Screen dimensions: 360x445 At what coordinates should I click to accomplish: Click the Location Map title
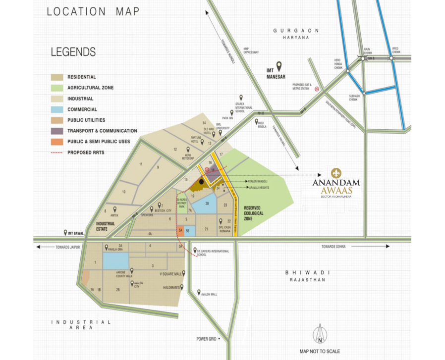point(93,11)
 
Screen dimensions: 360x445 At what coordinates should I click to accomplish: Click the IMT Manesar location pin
point(279,65)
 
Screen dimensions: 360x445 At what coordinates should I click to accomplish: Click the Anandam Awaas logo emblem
point(336,173)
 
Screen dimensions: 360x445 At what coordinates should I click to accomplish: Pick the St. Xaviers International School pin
point(195,251)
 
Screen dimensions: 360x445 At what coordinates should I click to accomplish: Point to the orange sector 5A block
point(181,230)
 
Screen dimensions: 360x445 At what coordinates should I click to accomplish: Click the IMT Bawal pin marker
point(65,232)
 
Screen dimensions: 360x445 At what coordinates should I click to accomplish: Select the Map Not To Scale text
point(320,351)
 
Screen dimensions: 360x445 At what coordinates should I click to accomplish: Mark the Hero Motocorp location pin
point(188,149)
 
